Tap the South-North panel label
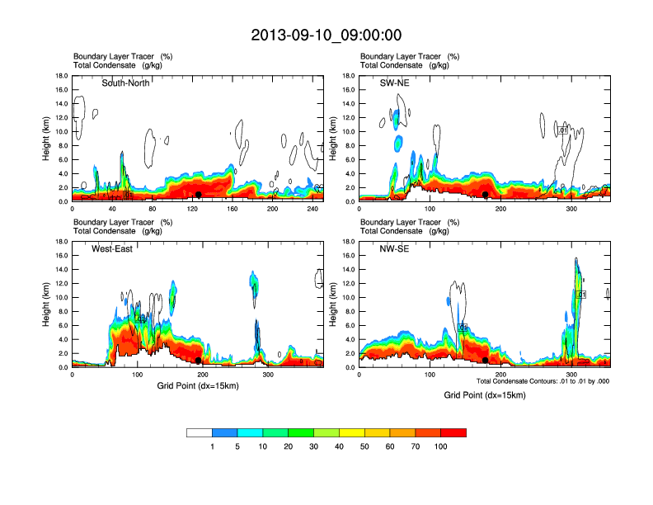(125, 83)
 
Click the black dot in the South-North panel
(199, 195)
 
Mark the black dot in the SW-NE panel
(486, 195)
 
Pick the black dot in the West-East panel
(198, 361)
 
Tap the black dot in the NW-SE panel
(485, 361)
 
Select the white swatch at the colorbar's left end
(200, 432)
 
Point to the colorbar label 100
(441, 446)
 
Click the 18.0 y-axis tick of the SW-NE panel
(347, 76)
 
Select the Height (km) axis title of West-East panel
(47, 304)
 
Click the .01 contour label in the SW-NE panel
(562, 130)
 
